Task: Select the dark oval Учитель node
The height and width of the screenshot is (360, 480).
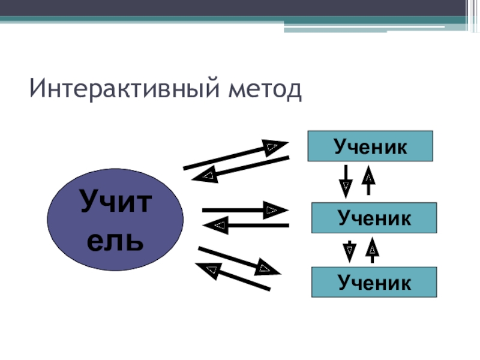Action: coord(115,220)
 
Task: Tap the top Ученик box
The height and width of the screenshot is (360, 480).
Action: coord(370,146)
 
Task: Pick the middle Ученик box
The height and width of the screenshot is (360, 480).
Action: coord(374,218)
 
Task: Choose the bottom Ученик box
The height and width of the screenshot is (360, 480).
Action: coord(374,282)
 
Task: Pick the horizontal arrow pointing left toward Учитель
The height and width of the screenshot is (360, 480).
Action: coord(246,226)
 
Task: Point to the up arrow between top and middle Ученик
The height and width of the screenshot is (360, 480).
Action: coord(369,179)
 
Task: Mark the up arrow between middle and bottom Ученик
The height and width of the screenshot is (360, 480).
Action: coord(373,250)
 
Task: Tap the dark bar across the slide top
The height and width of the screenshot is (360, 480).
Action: coord(240,7)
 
